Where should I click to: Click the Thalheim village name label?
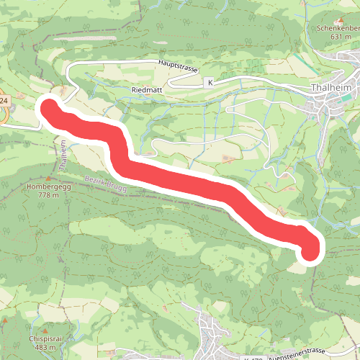pos(331,89)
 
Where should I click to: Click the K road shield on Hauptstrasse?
pos(210,83)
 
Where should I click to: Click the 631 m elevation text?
pos(340,37)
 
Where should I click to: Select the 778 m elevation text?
pos(49,194)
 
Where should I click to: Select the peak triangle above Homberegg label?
pos(49,176)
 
